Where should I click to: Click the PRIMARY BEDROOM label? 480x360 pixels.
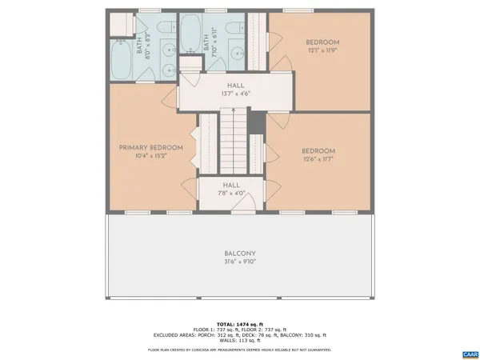pyautogui.click(x=151, y=147)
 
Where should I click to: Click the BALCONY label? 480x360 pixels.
pyautogui.click(x=240, y=254)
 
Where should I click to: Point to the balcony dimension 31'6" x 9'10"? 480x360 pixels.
pyautogui.click(x=240, y=263)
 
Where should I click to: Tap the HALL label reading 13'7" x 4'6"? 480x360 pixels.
pyautogui.click(x=235, y=90)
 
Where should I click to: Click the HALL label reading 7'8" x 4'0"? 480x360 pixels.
pyautogui.click(x=230, y=189)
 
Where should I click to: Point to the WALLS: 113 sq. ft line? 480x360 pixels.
pyautogui.click(x=240, y=341)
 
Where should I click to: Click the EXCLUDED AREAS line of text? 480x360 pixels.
pyautogui.click(x=240, y=334)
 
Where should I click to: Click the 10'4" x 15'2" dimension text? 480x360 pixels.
pyautogui.click(x=151, y=158)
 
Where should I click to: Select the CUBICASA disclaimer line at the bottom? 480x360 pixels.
pyautogui.click(x=240, y=350)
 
